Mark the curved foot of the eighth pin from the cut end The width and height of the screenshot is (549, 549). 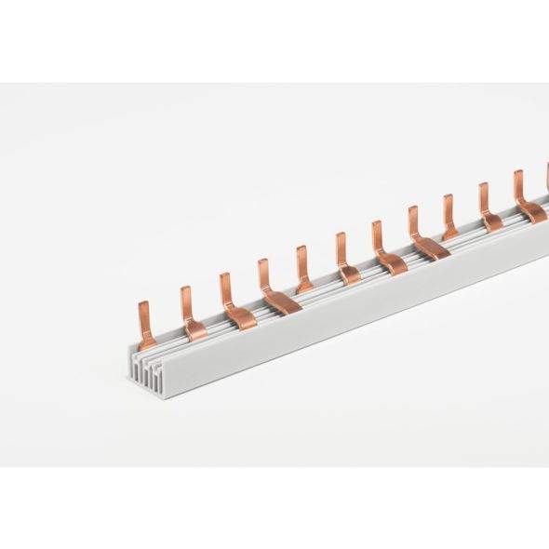431,246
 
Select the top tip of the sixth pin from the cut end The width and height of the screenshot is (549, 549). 341,237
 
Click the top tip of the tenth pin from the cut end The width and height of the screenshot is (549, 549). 483,187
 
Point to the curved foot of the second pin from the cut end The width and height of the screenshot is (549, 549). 194,328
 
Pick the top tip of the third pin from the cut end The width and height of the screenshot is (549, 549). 224,278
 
